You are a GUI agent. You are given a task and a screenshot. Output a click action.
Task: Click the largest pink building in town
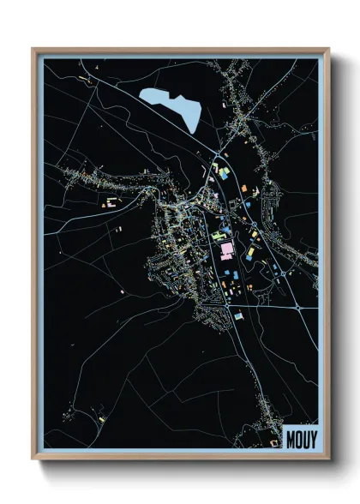coord(226,250)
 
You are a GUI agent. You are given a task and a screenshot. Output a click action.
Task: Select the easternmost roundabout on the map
coord(297,306)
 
